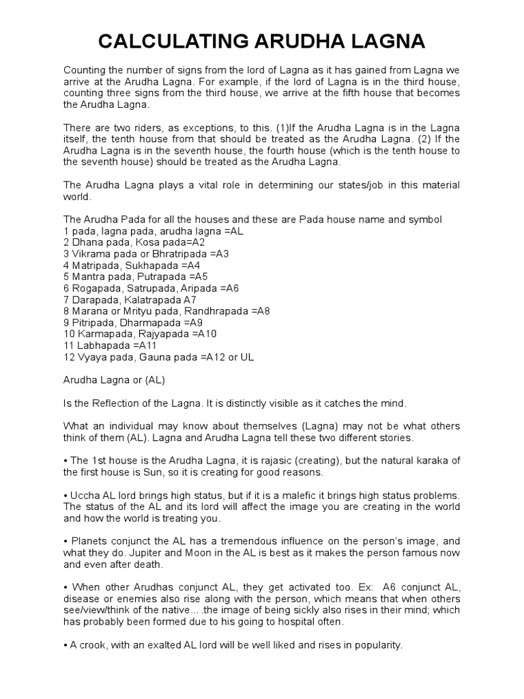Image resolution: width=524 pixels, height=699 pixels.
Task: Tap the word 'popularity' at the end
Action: click(x=377, y=645)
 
